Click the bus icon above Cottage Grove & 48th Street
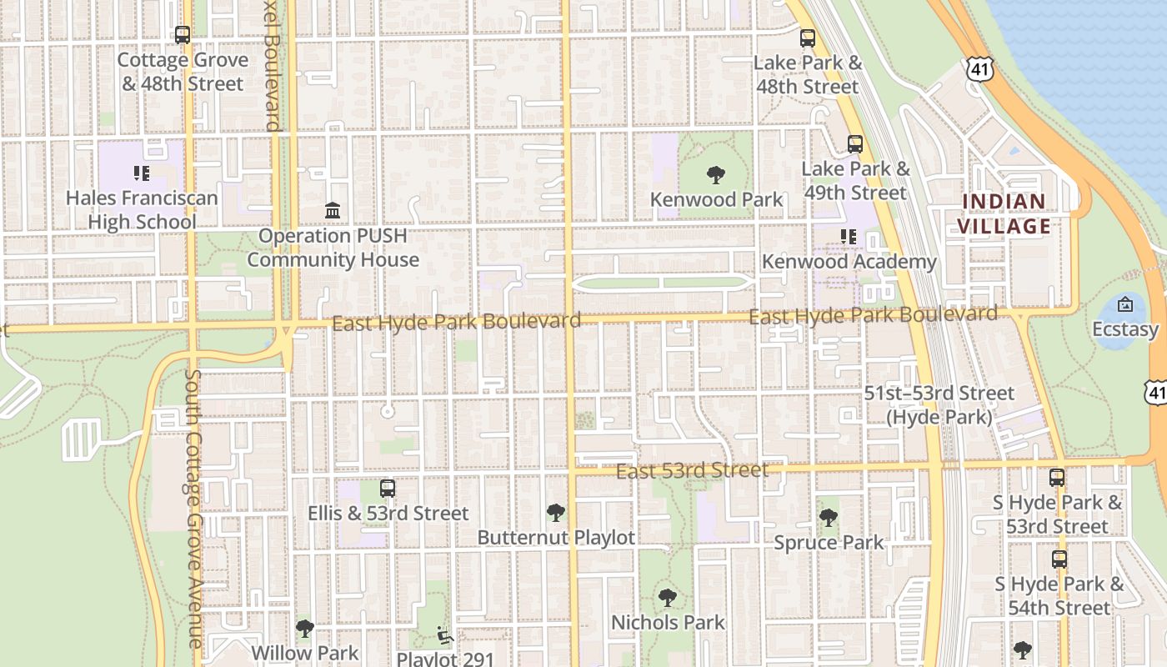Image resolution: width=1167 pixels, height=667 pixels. pos(182,35)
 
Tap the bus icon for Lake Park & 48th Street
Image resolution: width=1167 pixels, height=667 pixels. pos(807,38)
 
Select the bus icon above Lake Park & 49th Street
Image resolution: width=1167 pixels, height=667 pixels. pos(854,143)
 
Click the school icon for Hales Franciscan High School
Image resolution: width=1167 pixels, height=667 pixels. pos(142,173)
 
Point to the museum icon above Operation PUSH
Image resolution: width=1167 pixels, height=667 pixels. pos(333,211)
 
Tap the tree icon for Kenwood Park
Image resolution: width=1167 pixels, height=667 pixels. pos(715,175)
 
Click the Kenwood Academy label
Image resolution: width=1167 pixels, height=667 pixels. pos(849,262)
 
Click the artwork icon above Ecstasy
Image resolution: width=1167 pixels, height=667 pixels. pos(1124,304)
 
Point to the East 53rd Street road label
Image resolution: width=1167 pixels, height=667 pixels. pos(692,471)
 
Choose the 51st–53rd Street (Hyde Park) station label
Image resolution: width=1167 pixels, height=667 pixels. pos(939,404)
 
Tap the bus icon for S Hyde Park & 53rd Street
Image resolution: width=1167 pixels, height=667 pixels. pos(1056,478)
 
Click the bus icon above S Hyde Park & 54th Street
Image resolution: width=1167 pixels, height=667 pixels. pos(1059,559)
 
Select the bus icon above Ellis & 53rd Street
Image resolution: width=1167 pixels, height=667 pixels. pos(387,489)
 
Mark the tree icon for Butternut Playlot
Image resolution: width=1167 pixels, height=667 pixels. pos(555,513)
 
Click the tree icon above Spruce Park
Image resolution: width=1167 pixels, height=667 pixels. pos(828,518)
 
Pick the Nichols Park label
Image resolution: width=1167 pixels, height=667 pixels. pos(668,622)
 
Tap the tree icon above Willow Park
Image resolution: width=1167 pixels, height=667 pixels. pos(305,628)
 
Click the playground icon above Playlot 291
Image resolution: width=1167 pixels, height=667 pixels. pos(445,635)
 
